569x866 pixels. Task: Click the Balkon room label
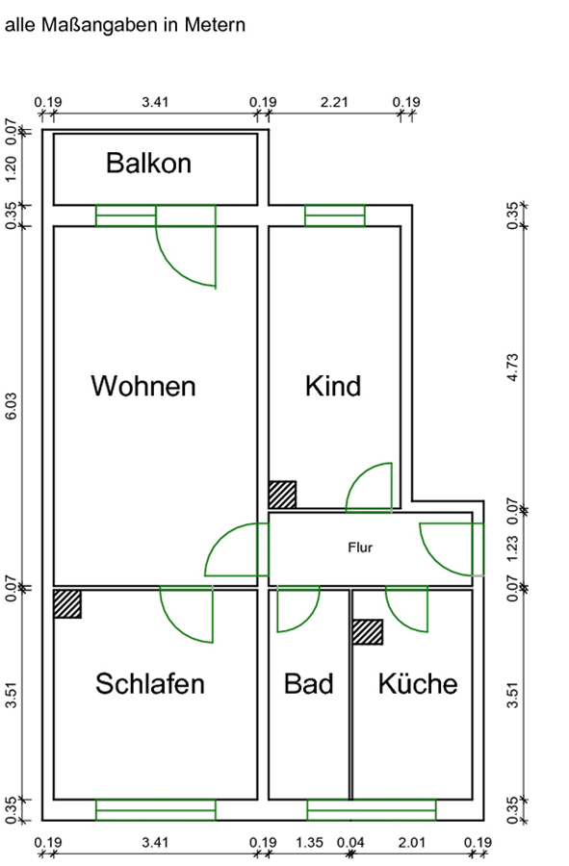[148, 163]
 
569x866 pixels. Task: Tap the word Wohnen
[143, 386]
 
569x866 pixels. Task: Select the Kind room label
[333, 386]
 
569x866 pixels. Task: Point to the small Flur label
[360, 548]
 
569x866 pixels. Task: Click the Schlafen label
[149, 684]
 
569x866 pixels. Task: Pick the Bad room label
[309, 684]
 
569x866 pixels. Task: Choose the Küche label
[418, 684]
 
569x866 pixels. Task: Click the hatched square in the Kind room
[282, 495]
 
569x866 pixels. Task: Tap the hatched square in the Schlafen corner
[67, 603]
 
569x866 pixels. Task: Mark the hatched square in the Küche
[368, 632]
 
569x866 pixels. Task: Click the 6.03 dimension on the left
[12, 406]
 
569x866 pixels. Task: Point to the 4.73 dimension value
[513, 368]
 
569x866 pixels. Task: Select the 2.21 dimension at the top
[335, 102]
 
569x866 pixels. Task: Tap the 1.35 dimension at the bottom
[309, 843]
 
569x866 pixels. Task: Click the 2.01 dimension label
[412, 843]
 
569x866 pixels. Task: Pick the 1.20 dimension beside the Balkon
[12, 168]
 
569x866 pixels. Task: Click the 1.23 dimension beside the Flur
[513, 548]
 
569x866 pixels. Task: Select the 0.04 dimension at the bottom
[350, 843]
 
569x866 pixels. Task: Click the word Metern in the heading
[215, 25]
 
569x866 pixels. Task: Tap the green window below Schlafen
[156, 809]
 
